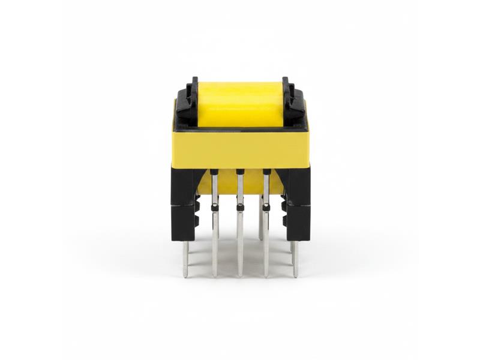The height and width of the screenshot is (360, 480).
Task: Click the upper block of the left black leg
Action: [x=184, y=186]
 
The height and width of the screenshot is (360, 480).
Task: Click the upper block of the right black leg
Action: [x=298, y=186]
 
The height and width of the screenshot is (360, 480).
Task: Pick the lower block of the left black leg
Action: [x=184, y=222]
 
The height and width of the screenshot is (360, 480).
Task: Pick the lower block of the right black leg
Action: [x=298, y=222]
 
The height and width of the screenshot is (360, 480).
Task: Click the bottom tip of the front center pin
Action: [x=240, y=275]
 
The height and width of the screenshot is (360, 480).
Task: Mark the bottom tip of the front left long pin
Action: [x=215, y=275]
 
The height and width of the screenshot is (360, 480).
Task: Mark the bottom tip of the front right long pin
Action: [x=266, y=275]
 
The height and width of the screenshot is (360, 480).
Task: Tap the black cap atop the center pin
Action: [x=240, y=172]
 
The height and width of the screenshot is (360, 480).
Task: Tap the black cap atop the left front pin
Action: [x=214, y=172]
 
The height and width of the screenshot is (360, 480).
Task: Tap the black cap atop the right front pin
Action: [x=266, y=172]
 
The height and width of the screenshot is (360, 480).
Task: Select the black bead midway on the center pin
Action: [x=240, y=207]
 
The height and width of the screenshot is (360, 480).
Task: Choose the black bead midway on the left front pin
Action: [x=214, y=207]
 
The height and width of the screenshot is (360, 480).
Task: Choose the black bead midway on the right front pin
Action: [x=266, y=207]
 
